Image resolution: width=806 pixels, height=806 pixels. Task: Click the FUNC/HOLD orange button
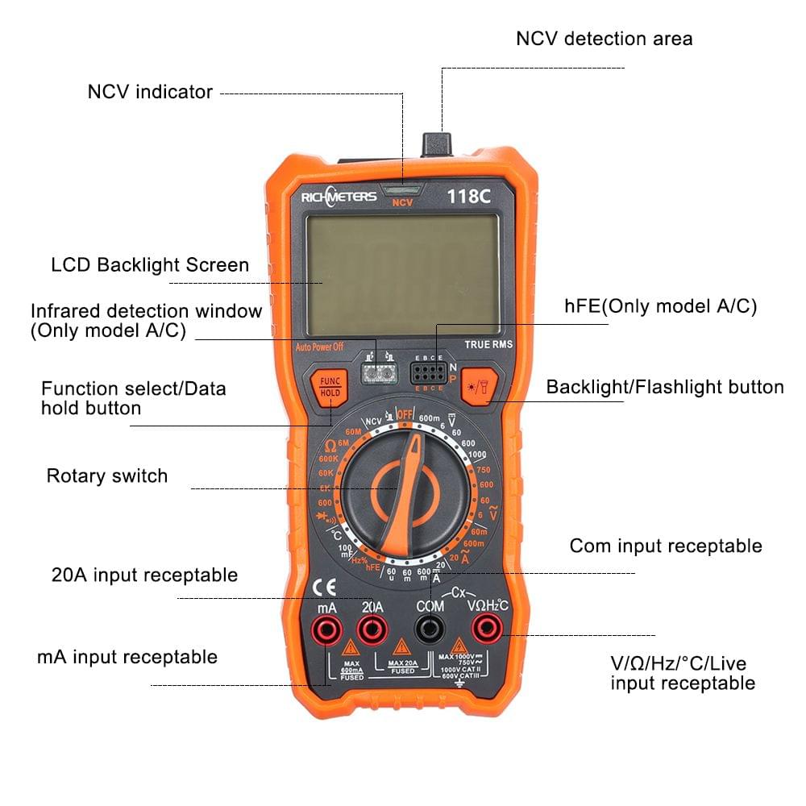click(x=330, y=386)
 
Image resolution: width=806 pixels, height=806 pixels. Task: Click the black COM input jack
click(x=430, y=629)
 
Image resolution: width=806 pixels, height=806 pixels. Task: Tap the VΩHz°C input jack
click(x=487, y=628)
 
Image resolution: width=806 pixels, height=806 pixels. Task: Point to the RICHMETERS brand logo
click(x=339, y=197)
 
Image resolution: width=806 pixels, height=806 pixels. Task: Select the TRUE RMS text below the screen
click(x=488, y=345)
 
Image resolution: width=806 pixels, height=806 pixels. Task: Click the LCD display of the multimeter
click(x=402, y=274)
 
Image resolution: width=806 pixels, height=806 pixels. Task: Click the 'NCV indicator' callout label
click(x=150, y=92)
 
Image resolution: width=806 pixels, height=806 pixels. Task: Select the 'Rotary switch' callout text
click(x=107, y=476)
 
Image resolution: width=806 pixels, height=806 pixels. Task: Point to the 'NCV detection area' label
click(x=604, y=39)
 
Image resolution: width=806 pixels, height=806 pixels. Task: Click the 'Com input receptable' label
click(x=665, y=546)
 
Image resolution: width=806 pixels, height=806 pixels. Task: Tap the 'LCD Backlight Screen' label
click(x=150, y=265)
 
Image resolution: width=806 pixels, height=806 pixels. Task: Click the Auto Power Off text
click(x=319, y=347)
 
